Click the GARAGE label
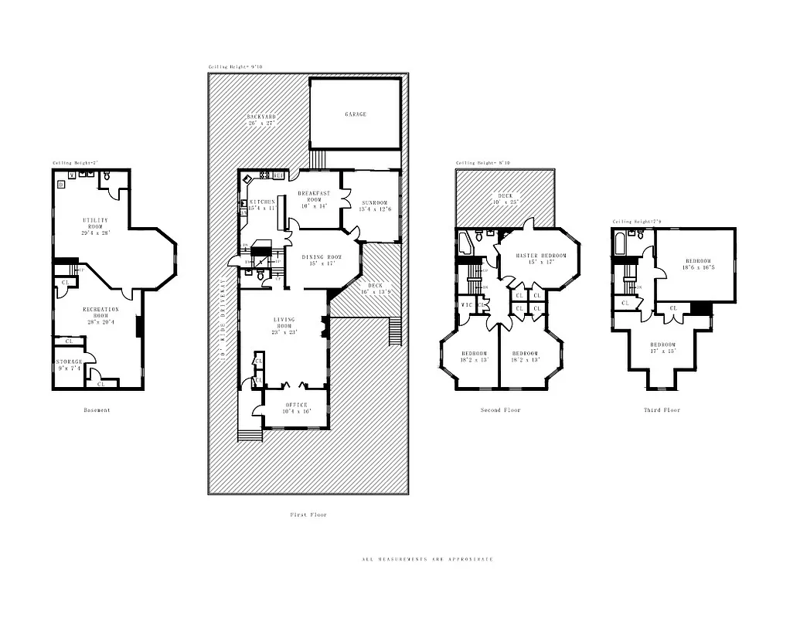click(x=356, y=114)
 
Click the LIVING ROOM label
click(x=284, y=325)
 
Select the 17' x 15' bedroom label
click(x=662, y=348)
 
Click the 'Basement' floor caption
click(x=97, y=410)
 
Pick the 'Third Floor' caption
click(x=662, y=410)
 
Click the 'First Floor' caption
click(x=308, y=514)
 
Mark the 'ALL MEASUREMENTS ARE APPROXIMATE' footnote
click(x=427, y=559)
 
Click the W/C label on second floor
click(x=466, y=305)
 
